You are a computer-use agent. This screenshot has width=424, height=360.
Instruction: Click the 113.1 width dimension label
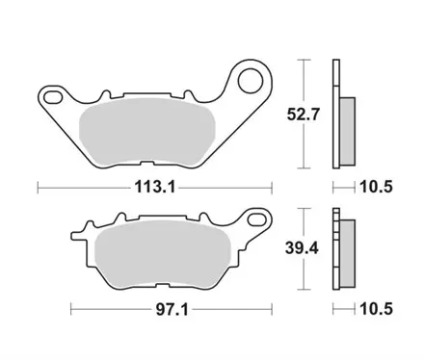tap(154, 188)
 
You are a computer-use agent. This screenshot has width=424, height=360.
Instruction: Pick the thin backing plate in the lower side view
tap(336, 247)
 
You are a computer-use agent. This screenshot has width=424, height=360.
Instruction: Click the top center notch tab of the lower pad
tap(121, 219)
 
